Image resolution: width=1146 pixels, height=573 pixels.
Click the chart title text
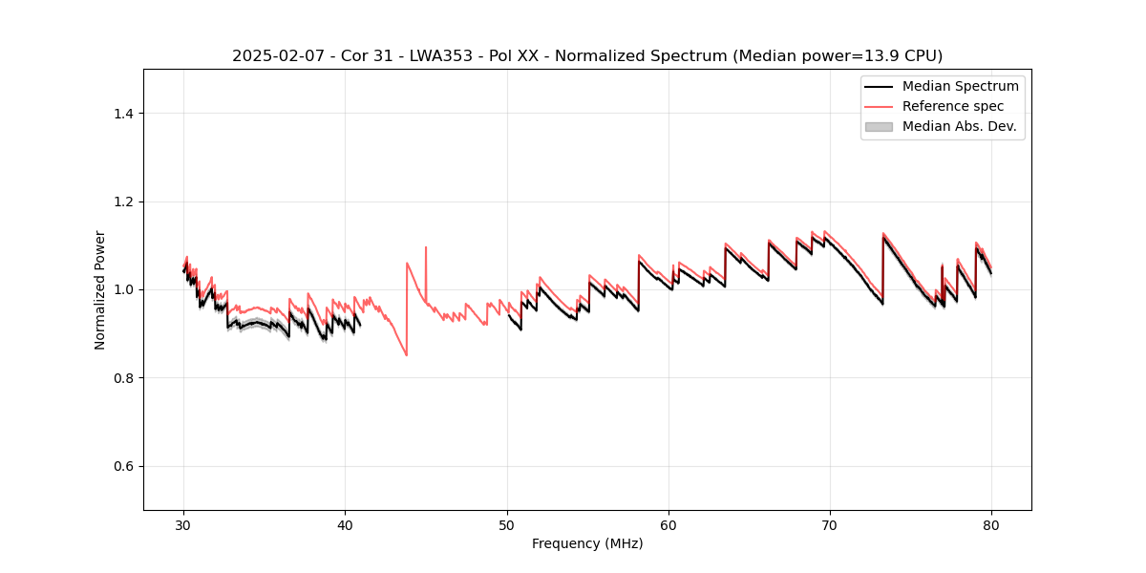tap(587, 55)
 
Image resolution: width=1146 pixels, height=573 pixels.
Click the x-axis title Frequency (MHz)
tap(587, 543)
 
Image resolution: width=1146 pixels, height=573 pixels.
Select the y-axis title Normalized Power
tap(100, 289)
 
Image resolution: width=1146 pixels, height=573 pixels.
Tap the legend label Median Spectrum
tap(960, 86)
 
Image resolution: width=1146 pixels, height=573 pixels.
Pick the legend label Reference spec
tap(953, 106)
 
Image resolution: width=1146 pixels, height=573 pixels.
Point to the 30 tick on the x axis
tap(184, 524)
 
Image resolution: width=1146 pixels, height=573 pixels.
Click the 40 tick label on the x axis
tap(346, 524)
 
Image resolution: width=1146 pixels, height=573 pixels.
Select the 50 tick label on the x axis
tap(507, 524)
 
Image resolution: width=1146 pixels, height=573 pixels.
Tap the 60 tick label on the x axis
tap(668, 524)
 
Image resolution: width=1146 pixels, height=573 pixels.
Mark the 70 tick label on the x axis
tap(830, 524)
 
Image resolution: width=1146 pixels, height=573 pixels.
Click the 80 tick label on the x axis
tap(991, 524)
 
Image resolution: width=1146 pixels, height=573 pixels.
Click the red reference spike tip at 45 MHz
tap(426, 247)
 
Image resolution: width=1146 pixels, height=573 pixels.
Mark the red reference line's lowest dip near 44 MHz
tap(407, 355)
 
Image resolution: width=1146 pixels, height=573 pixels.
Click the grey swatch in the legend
tap(879, 126)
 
